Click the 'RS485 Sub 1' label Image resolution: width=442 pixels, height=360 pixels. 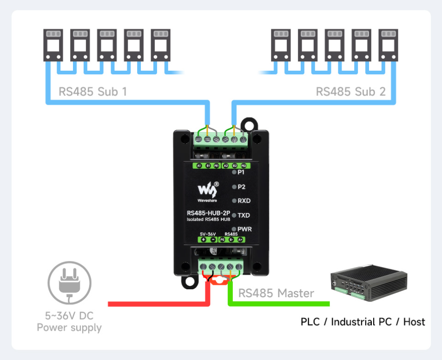[x=92, y=91]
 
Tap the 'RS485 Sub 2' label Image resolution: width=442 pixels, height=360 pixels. [x=350, y=91]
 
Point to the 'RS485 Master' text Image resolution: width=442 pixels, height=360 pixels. [x=276, y=293]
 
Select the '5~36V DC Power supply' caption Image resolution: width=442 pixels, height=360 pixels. [x=69, y=322]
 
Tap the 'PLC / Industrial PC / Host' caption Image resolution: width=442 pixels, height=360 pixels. [x=363, y=322]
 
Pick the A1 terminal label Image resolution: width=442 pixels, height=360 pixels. [x=198, y=166]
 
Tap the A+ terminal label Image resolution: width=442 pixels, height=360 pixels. [x=240, y=240]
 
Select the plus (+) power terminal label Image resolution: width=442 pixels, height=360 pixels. [x=203, y=240]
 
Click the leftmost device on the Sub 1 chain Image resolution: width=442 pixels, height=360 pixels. [x=53, y=45]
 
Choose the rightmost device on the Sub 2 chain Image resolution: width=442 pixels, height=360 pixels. [x=389, y=45]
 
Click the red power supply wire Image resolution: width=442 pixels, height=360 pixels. [x=158, y=304]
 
